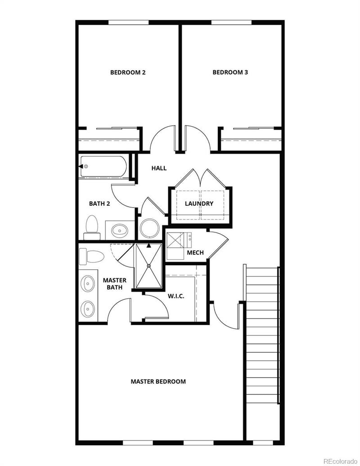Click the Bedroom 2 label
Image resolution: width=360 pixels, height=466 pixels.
[x=128, y=72]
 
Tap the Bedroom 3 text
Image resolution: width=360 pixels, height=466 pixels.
[x=230, y=72]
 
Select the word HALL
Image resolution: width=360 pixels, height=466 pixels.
[x=159, y=168]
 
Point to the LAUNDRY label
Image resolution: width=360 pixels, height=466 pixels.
[x=199, y=204]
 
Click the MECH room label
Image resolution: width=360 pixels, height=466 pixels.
[x=195, y=253]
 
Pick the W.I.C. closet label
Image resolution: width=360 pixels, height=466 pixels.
[x=176, y=296]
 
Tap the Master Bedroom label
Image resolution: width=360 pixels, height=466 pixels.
[x=158, y=381]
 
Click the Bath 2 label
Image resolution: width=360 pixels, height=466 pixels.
[x=99, y=204]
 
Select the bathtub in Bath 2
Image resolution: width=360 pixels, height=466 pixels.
[x=103, y=167]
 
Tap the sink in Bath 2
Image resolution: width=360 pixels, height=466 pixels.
[x=120, y=231]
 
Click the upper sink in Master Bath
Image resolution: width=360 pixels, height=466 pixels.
[x=87, y=284]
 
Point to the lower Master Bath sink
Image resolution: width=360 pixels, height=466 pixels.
[x=87, y=308]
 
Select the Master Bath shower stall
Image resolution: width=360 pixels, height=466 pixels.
[x=148, y=266]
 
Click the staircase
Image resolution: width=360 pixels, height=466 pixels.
[x=262, y=335]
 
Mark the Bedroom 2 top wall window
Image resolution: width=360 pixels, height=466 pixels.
[x=128, y=22]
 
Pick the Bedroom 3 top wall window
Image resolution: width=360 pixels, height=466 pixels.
[x=231, y=22]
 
